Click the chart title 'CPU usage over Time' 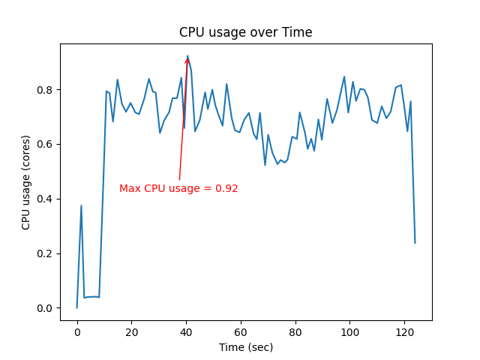click(x=245, y=33)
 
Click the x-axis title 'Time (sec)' click(x=245, y=347)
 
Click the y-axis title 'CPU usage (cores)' click(x=26, y=182)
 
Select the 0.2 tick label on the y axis click(x=46, y=253)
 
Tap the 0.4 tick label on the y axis click(x=46, y=199)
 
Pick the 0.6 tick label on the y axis click(x=46, y=144)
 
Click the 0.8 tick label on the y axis click(x=46, y=90)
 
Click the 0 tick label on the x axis click(x=76, y=332)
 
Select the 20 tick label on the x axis click(x=131, y=332)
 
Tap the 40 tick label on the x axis click(x=186, y=332)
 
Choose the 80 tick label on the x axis click(x=295, y=332)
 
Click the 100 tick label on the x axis click(x=349, y=332)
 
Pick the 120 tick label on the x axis click(x=404, y=332)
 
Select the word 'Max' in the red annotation click(x=130, y=189)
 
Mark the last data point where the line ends click(x=415, y=242)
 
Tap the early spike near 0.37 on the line click(x=81, y=206)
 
